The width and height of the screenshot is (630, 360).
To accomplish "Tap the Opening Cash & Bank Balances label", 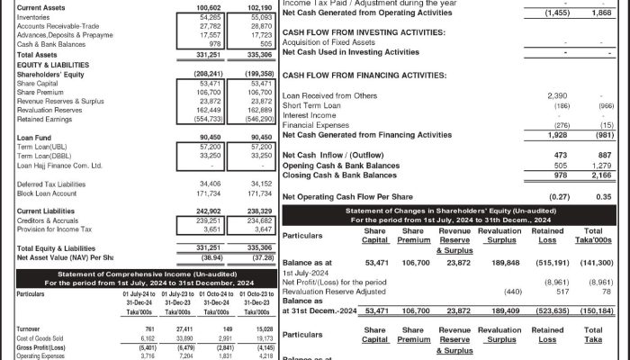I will [340, 166].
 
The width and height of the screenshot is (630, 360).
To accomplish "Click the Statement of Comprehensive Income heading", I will [145, 274].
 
